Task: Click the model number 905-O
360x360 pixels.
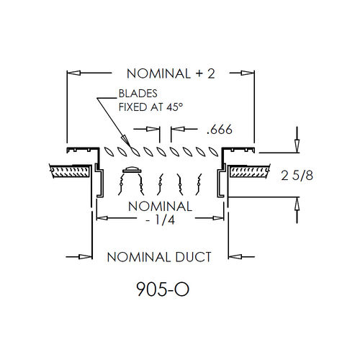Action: coord(163,289)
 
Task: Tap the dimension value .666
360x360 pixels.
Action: coord(220,130)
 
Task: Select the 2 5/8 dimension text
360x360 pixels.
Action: coord(297,176)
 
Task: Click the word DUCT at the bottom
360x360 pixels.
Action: coord(193,257)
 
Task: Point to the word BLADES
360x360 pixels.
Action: coord(138,94)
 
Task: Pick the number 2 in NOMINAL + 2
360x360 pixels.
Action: coord(211,73)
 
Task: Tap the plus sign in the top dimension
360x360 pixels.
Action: coord(199,73)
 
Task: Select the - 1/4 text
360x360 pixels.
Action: coord(161,220)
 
